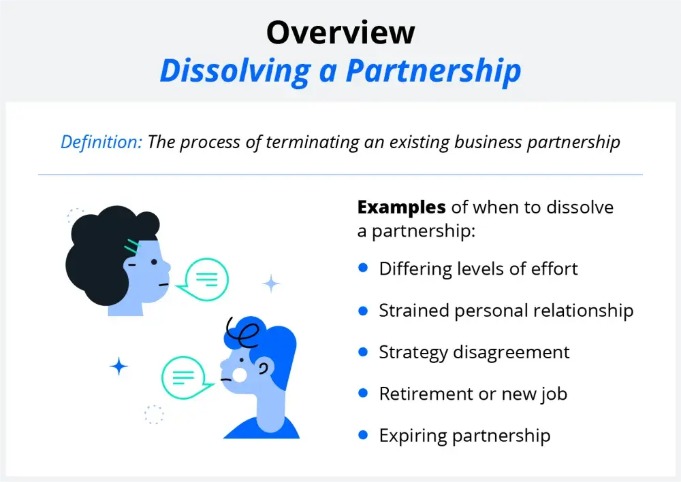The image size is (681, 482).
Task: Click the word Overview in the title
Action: click(x=340, y=33)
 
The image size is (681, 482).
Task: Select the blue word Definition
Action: click(x=101, y=141)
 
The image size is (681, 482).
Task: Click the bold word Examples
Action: click(x=401, y=207)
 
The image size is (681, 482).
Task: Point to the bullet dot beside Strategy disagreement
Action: click(x=363, y=351)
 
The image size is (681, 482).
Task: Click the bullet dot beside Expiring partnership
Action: click(x=363, y=435)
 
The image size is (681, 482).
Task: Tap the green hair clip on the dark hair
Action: click(x=133, y=246)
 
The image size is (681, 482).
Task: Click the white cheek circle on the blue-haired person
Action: click(x=239, y=375)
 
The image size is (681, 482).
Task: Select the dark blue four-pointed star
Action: click(x=119, y=366)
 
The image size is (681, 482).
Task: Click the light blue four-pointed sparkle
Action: click(x=272, y=284)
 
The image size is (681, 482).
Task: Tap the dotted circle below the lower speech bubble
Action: click(x=154, y=415)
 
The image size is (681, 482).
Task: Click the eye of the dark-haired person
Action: click(x=154, y=262)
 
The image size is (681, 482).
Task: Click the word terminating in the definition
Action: click(x=313, y=142)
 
